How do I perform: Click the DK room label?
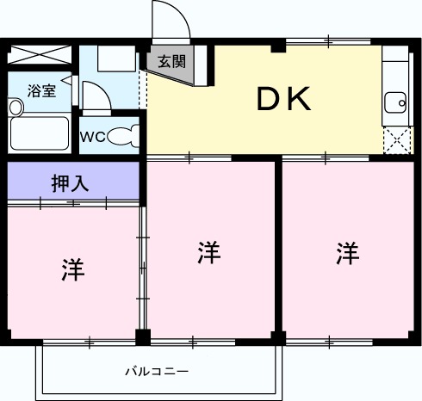[x=282, y=101]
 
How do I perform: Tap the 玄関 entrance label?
[x=170, y=62]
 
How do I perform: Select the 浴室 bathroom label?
[x=41, y=89]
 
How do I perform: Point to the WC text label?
[x=93, y=137]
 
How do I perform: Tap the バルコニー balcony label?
[x=157, y=372]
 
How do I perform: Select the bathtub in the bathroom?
[x=39, y=133]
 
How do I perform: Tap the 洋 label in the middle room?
[x=209, y=253]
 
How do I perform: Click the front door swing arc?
[x=170, y=19]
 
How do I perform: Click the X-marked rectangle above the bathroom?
[x=40, y=56]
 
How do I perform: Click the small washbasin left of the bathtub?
[x=16, y=107]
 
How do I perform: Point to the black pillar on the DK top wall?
[x=277, y=46]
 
